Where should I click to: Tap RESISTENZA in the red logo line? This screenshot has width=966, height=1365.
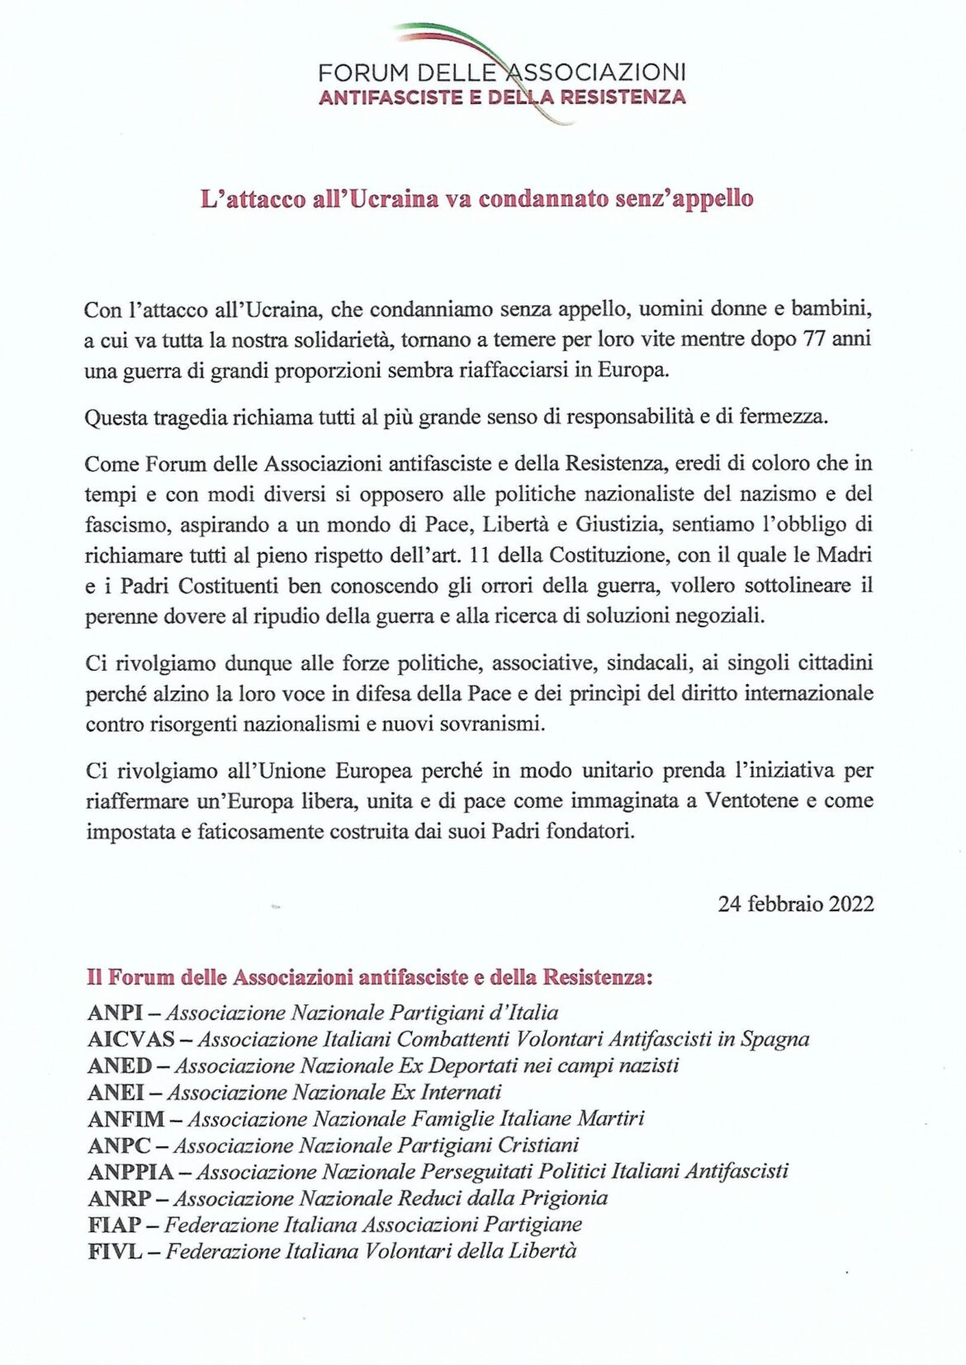[623, 97]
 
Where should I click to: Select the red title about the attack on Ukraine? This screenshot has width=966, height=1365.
[477, 199]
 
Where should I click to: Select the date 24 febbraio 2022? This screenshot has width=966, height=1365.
[795, 904]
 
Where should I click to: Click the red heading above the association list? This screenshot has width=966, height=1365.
[370, 977]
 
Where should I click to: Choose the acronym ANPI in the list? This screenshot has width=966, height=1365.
[115, 1013]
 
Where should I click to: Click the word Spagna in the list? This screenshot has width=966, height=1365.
[774, 1039]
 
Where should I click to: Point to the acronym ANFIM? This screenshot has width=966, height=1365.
[126, 1119]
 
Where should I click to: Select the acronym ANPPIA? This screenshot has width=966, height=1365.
[130, 1172]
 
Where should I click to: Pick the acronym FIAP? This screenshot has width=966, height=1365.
[115, 1225]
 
